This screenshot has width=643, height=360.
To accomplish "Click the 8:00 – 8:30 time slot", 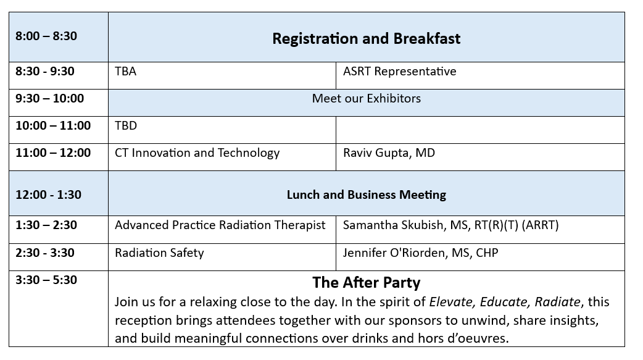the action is pos(46,36).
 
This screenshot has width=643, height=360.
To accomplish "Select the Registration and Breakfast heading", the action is pos(366,38).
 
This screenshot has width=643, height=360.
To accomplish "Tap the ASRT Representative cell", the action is pos(399,72).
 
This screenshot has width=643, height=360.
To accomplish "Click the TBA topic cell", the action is pos(125,72).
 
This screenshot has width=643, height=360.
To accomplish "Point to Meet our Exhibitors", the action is pos(366,99).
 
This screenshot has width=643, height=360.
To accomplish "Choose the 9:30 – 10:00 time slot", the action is pos(49,99).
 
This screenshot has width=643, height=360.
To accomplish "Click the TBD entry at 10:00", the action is pos(126,125).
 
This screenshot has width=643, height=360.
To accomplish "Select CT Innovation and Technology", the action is pos(197,153).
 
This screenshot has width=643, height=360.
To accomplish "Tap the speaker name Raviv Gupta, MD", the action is pos(389,153).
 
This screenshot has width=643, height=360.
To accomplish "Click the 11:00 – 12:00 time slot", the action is pos(53,153).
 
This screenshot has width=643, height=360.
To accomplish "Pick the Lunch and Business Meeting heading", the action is pos(366,195).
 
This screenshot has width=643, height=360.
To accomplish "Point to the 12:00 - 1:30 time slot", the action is pos(48,195).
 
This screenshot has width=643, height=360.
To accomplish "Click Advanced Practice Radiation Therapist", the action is pos(220,225).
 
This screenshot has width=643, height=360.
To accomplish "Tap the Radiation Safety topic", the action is pos(159,253).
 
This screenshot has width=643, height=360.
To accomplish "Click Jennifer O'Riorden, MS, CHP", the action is pos(420,253).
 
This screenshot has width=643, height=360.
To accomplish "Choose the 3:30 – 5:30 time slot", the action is pos(46,280).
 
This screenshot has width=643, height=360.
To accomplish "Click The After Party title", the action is pos(366,283).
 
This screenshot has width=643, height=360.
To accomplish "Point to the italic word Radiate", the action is pos(558,302).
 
